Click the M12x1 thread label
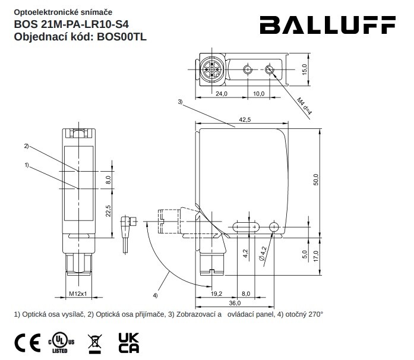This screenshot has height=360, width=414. tap(77, 293)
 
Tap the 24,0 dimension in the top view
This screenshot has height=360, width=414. tap(221, 94)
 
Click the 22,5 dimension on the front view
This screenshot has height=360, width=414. tap(108, 211)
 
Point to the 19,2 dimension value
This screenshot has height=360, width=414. tap(216, 293)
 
